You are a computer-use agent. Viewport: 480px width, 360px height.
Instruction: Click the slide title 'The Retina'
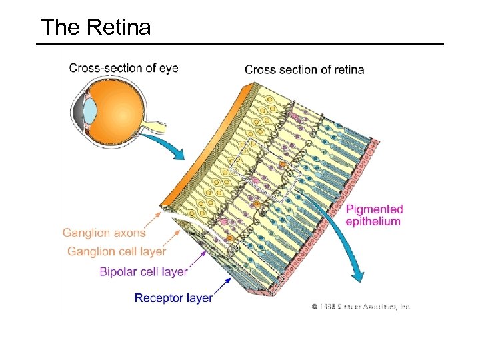click(x=95, y=27)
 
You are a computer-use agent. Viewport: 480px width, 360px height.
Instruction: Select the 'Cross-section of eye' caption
click(x=123, y=68)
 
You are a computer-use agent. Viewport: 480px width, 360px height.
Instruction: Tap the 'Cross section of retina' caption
click(x=304, y=69)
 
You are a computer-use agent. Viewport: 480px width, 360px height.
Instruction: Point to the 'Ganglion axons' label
click(x=104, y=233)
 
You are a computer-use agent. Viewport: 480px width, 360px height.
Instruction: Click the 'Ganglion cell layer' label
click(x=117, y=251)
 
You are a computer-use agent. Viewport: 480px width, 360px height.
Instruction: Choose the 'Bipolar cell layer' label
click(x=143, y=271)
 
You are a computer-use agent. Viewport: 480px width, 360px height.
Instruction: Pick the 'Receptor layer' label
click(x=173, y=298)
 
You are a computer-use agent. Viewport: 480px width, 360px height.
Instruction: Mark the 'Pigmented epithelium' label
click(x=374, y=215)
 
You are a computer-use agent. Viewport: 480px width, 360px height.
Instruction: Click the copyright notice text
click(x=360, y=306)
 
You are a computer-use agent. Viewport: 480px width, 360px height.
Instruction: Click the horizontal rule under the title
click(x=239, y=45)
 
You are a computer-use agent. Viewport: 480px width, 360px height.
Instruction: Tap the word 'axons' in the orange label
click(x=130, y=233)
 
